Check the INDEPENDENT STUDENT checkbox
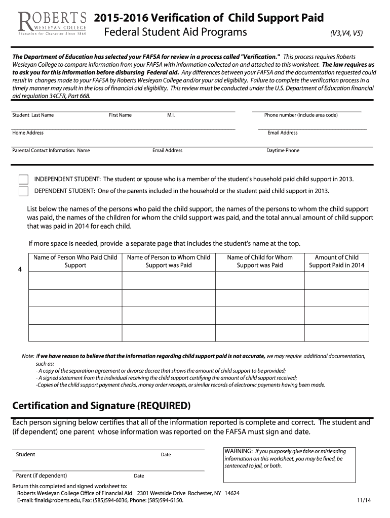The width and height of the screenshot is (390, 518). coord(23,180)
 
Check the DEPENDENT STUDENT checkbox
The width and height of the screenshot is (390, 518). coord(23,191)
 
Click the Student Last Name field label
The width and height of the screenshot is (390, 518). coord(33,115)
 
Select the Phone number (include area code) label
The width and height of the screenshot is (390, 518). coord(301,115)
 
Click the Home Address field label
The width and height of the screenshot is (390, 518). coord(28,133)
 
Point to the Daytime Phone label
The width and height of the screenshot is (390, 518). coord(283,151)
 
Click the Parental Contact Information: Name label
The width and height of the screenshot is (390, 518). coord(51,151)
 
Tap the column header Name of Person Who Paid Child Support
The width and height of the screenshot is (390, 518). coord(75,261)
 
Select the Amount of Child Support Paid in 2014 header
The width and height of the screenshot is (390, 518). coord(336,261)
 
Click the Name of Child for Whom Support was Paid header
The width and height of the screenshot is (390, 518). coord(260,261)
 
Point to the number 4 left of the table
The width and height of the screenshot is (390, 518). coord(20,270)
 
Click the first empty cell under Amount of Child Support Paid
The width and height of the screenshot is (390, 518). coord(336,280)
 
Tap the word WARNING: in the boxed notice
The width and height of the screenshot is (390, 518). coord(239,451)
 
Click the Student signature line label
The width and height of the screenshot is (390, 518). coord(25,455)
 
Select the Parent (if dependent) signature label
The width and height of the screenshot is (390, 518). coord(42,476)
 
